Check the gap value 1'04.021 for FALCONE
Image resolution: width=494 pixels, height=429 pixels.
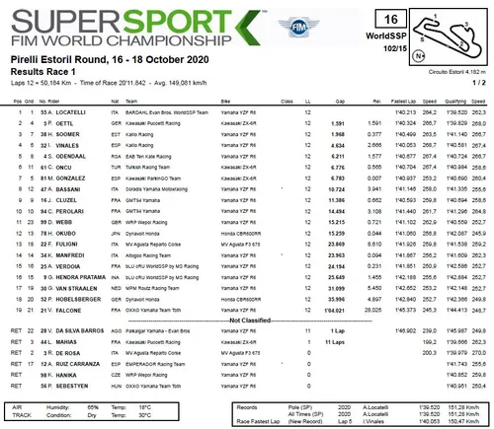pyautogui.click(x=328, y=309)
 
